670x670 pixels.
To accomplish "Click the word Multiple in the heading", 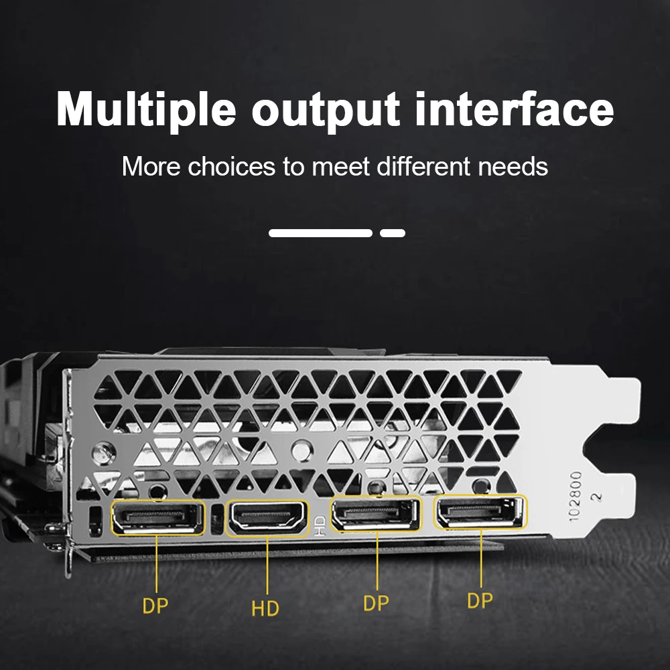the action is pos(146,111).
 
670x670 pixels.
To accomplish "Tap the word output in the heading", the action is pos(326,111).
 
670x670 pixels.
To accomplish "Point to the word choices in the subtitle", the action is pos(232,166).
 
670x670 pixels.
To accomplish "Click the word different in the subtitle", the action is pos(423,166).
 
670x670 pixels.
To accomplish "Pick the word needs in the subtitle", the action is pos(513,167).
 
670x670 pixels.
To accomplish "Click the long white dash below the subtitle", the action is pos(320,233).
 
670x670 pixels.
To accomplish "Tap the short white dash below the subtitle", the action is pos(393,233).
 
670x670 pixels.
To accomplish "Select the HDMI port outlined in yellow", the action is pos(268,517).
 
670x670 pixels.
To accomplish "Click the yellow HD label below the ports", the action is pos(265,608).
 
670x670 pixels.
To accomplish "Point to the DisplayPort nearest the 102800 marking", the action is pos(480,511).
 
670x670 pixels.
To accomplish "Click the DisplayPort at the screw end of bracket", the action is pos(157,517).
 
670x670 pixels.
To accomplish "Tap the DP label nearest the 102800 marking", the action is pos(480,600).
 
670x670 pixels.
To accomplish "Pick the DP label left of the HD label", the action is pos(155,606).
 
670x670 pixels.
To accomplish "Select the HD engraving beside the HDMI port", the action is pos(319,527).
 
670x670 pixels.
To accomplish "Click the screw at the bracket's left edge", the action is pos(103,454).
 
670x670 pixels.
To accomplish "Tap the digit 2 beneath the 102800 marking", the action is pos(596,496).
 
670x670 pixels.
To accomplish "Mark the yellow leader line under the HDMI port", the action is pos(267,565).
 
